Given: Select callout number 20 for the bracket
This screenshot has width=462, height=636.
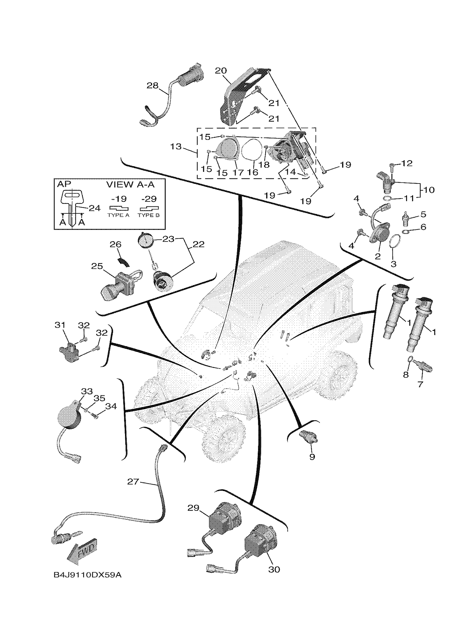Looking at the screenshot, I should (x=221, y=71).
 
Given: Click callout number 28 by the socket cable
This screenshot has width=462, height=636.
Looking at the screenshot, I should (x=153, y=85).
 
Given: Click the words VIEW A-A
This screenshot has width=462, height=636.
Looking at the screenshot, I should (x=130, y=184).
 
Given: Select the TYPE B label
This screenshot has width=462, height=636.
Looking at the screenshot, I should (x=148, y=215).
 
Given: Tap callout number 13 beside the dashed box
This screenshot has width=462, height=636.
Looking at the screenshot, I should (x=176, y=146).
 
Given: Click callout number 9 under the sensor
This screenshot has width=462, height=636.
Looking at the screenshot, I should (x=312, y=457).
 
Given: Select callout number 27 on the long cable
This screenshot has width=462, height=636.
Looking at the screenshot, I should (x=133, y=482).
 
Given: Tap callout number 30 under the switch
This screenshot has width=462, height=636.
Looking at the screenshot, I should (x=274, y=570).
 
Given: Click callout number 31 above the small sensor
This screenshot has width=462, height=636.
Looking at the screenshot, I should (x=60, y=325).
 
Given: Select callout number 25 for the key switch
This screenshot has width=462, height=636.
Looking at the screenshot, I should (x=97, y=266).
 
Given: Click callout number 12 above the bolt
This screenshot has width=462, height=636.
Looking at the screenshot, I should (x=407, y=163).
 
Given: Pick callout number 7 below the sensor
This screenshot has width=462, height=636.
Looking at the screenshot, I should (x=420, y=384).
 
